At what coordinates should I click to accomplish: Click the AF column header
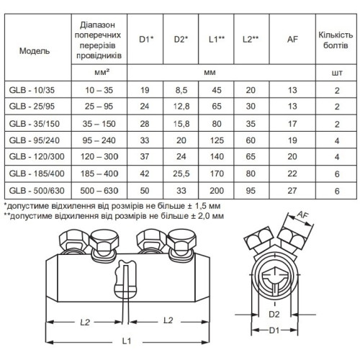pos(292,39)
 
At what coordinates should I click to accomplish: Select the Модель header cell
pos(35,51)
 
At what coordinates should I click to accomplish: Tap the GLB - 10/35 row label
pos(32,90)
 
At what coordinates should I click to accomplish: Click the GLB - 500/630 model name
pos(37,191)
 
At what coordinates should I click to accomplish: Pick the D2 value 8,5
pos(181,90)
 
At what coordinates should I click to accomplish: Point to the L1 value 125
pos(217,140)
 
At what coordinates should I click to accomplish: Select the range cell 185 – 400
pos(99,174)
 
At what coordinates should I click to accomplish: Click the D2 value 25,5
pos(181,174)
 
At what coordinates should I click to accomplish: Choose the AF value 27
pos(292,191)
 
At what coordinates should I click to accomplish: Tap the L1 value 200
pos(217,191)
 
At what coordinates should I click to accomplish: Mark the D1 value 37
pos(145,156)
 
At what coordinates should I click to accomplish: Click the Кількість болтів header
pos(336,40)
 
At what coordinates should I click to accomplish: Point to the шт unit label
pos(337,73)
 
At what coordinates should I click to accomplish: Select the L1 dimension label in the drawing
pos(127,341)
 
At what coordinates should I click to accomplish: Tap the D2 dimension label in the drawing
pos(274,314)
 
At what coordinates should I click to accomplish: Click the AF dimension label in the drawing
pos(302,215)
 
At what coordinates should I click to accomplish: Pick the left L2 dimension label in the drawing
pos(85,322)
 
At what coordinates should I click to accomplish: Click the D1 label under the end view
pos(274,330)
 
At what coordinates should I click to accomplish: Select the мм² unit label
pos(102,72)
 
